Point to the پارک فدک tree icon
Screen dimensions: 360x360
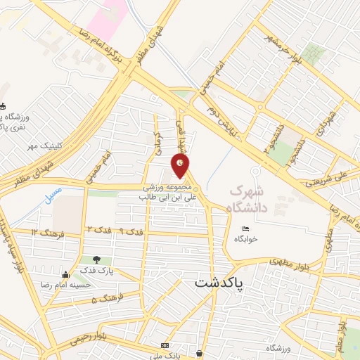click(87, 260)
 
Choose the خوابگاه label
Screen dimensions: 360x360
click(247, 239)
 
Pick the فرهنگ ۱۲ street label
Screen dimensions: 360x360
click(48, 232)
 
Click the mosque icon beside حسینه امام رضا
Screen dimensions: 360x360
click(65, 274)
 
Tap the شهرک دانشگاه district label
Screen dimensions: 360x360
click(247, 198)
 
